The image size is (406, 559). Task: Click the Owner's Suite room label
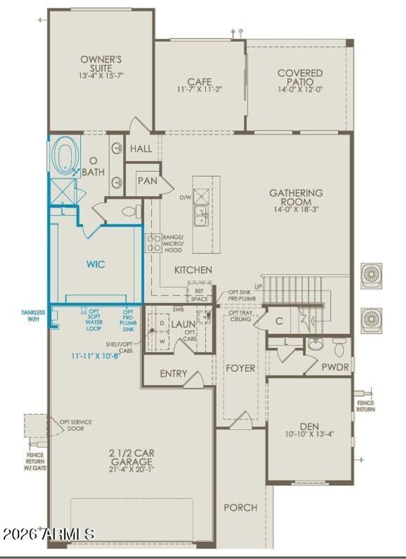point(101,63)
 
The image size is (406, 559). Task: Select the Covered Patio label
point(300,77)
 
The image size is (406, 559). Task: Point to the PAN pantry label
point(147,181)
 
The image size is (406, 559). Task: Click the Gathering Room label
point(296,197)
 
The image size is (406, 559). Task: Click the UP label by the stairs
point(258,286)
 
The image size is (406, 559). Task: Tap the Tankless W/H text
point(33,315)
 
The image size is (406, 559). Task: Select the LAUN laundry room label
point(183,324)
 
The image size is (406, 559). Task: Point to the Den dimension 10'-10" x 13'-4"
point(309,434)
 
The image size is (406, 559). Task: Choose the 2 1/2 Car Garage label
point(132,458)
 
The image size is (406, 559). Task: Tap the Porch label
point(240,507)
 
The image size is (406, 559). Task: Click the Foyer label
point(240,368)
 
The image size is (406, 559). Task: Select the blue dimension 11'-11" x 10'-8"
point(96,356)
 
